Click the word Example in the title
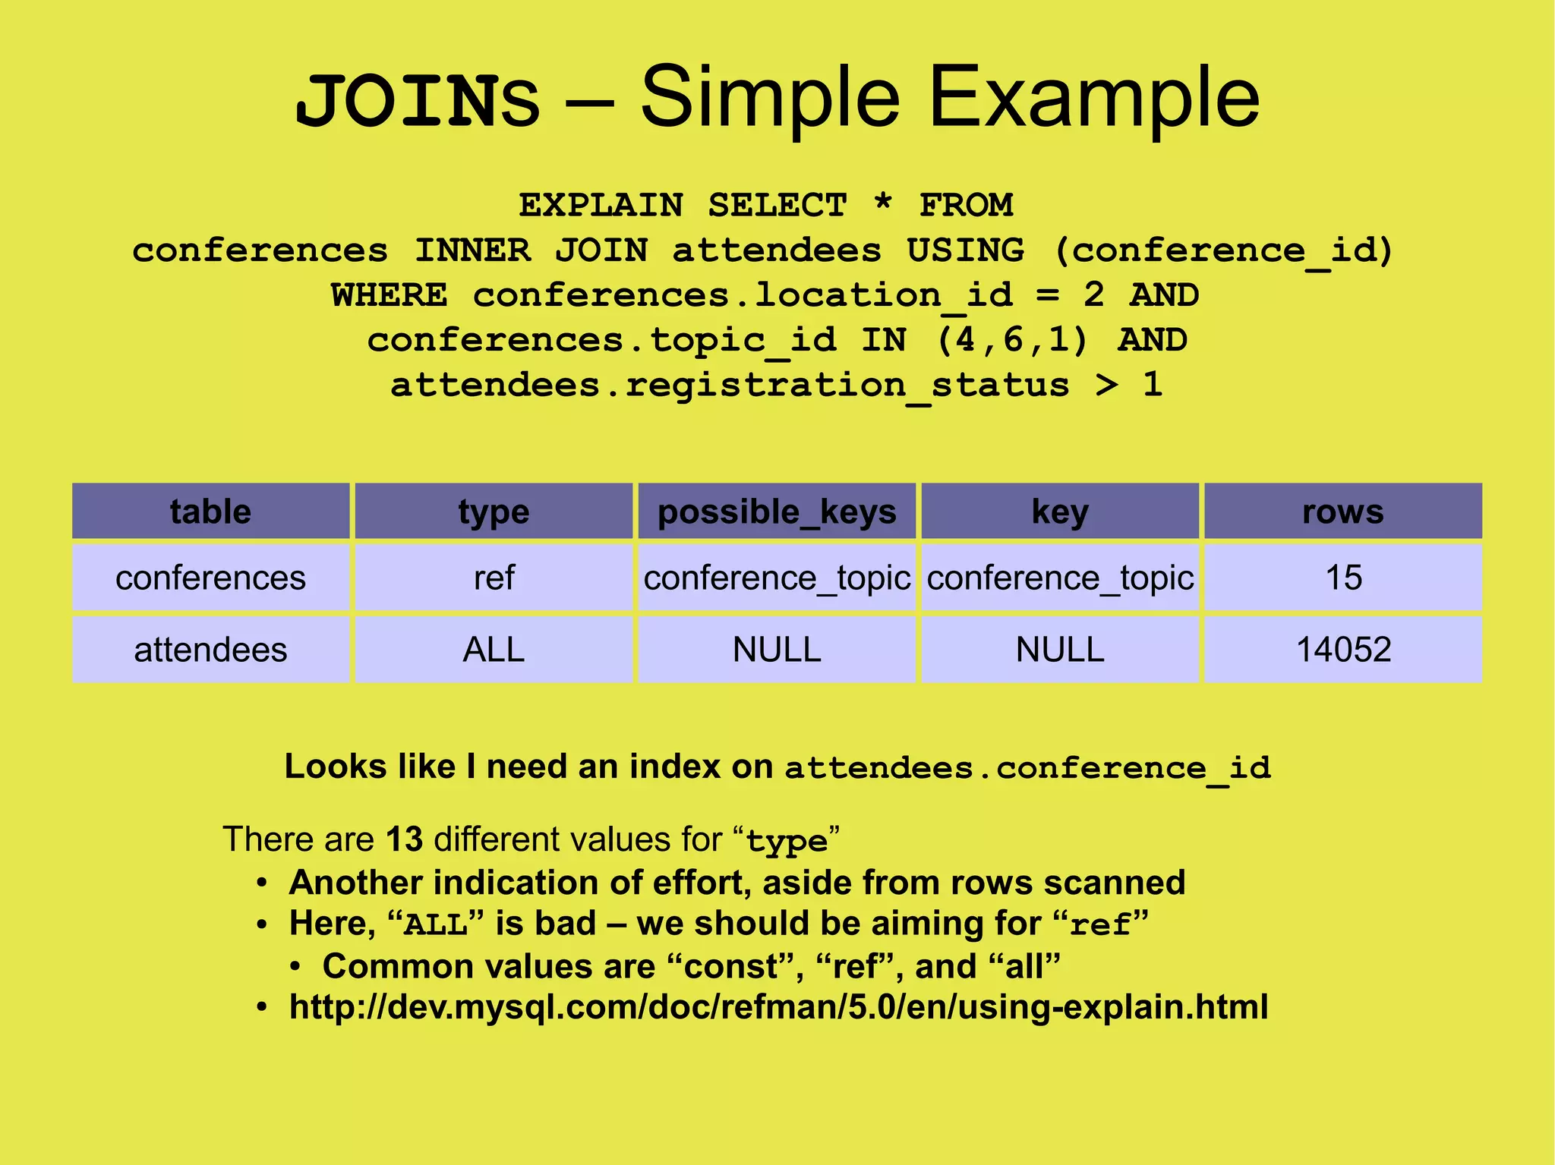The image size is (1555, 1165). click(1094, 99)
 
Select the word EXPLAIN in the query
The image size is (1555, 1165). click(601, 206)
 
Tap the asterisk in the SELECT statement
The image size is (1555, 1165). click(882, 204)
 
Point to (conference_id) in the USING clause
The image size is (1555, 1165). click(1224, 250)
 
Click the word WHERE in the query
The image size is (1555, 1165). click(389, 295)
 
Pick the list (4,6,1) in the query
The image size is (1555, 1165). click(1013, 340)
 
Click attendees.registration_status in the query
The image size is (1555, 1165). click(730, 386)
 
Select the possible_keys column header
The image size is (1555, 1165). click(777, 512)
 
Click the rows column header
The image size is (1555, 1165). click(1342, 512)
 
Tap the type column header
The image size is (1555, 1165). click(494, 512)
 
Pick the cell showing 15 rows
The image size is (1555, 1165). click(1342, 578)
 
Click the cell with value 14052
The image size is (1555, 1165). click(1342, 650)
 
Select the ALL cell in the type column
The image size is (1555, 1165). click(494, 650)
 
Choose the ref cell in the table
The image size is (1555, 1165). click(494, 578)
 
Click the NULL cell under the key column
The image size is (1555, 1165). click(1059, 650)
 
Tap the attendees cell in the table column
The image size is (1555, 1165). click(210, 650)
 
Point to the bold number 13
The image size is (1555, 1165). click(404, 839)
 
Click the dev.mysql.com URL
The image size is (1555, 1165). click(778, 1007)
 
